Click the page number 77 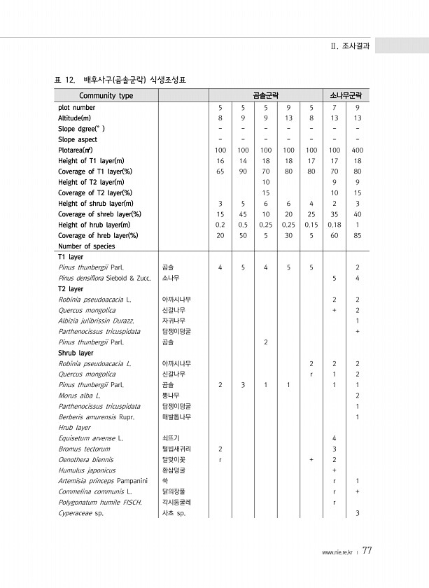[x=367, y=550]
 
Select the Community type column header [x=106, y=95]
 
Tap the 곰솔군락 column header [x=265, y=95]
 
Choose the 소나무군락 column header [x=346, y=95]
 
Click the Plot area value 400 [x=358, y=150]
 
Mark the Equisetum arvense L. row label [x=91, y=438]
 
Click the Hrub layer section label [x=74, y=427]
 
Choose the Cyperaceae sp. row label [x=80, y=513]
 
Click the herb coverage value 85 [x=358, y=235]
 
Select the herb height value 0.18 [x=335, y=225]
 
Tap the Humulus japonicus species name [x=87, y=470]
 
